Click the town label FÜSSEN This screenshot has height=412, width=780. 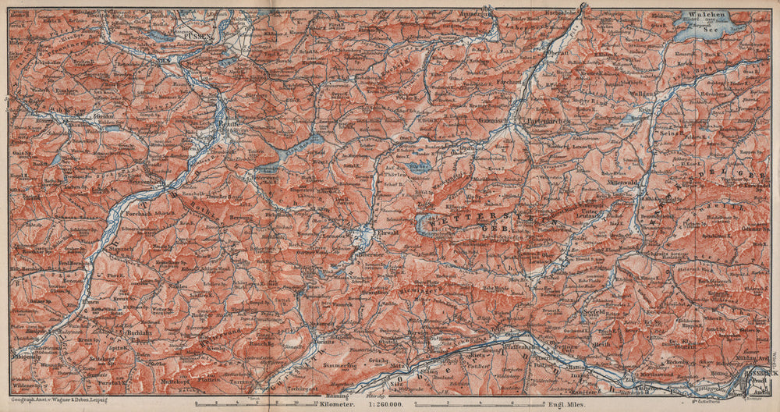[x=191, y=34]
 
